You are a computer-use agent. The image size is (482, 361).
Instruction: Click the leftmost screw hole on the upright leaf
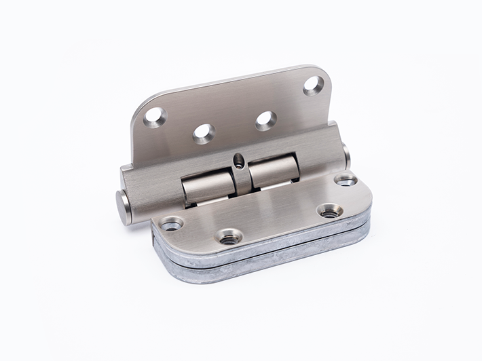155,117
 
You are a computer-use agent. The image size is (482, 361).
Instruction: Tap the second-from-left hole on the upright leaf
204,133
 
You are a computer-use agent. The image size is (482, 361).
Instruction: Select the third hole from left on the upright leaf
265,120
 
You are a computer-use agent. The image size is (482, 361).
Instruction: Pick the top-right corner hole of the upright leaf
313,85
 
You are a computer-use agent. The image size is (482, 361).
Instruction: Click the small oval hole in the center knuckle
238,161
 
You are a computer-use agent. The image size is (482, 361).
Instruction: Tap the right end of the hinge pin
346,156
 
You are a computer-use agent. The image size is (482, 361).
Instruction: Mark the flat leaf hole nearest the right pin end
346,180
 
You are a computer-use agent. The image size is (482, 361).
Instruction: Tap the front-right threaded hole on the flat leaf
330,212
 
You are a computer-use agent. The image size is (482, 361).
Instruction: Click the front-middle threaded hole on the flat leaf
229,237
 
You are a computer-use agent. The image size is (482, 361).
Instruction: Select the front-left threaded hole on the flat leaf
171,223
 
